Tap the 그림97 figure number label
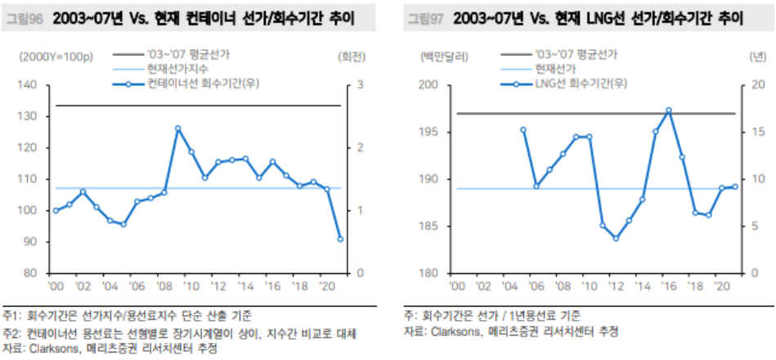(425, 20)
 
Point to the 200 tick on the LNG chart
(429, 85)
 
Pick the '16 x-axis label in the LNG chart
(669, 286)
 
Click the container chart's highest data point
(177, 128)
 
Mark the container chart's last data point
(340, 239)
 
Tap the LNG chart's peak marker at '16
(669, 110)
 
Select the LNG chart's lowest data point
(616, 238)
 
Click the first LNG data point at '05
(523, 130)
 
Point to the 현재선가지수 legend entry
(160, 70)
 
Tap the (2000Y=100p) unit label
(56, 57)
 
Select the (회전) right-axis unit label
(352, 57)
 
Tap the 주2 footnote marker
(11, 333)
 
